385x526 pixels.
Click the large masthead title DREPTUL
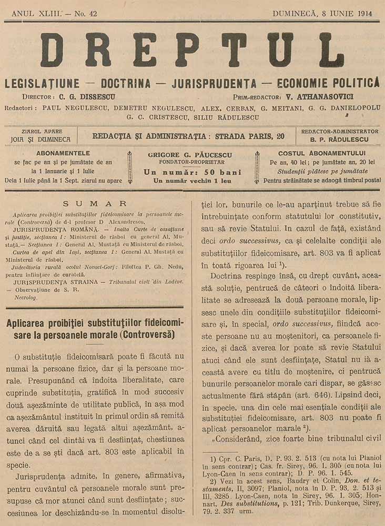point(192,50)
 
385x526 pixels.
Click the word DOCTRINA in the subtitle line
point(126,83)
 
